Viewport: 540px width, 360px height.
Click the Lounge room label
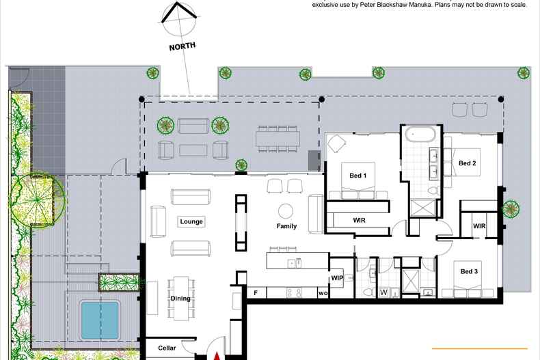click(x=191, y=221)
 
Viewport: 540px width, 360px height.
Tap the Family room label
click(x=286, y=226)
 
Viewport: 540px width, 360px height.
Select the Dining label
click(x=180, y=299)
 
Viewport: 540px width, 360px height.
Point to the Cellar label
click(x=167, y=348)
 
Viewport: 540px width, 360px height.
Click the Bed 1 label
click(x=357, y=176)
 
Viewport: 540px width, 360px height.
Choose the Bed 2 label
click(x=468, y=163)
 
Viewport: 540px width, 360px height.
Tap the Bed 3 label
click(x=469, y=272)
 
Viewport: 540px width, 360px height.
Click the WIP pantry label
click(x=337, y=278)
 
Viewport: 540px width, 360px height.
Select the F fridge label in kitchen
click(x=256, y=293)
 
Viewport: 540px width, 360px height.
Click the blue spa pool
click(x=100, y=320)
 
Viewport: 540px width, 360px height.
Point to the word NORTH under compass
click(x=183, y=46)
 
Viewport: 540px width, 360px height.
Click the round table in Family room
click(x=286, y=211)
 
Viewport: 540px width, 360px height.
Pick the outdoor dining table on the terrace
click(x=278, y=139)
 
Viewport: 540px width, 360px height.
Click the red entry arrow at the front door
click(x=217, y=356)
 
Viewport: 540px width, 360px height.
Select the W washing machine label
click(x=383, y=292)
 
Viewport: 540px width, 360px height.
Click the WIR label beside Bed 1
click(x=359, y=220)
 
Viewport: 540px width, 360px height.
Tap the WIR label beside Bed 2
click(x=479, y=226)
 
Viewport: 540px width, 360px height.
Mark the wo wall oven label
click(x=323, y=293)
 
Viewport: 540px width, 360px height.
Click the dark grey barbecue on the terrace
click(x=314, y=160)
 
